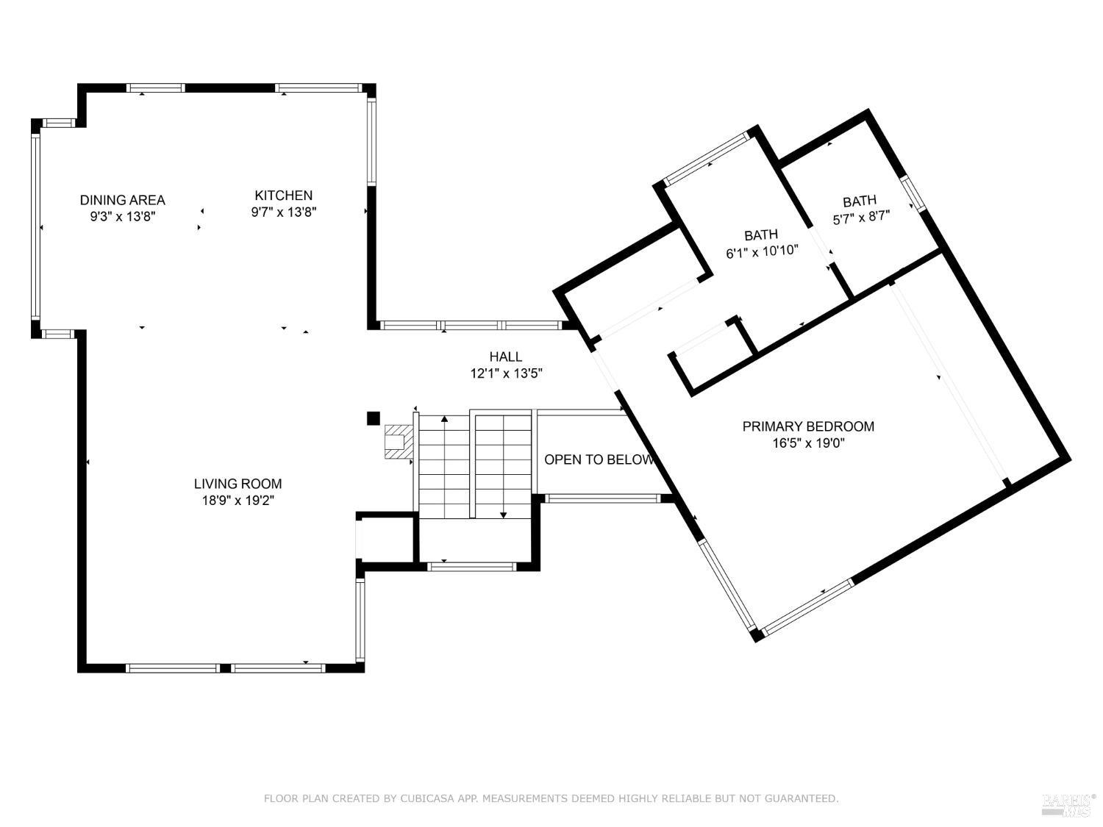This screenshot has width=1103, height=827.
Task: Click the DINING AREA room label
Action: [122, 200]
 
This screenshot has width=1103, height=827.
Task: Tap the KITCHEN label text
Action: [283, 196]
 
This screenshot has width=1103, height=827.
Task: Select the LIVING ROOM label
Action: [238, 484]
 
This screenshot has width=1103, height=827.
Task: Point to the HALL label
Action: [505, 357]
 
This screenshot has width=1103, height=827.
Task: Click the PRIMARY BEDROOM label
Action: [808, 426]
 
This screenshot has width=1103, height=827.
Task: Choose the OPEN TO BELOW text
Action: [599, 459]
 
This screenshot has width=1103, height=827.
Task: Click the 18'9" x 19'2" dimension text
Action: [238, 501]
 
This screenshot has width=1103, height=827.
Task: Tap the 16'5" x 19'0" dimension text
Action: [808, 443]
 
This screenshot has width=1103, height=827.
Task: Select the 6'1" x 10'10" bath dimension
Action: [762, 251]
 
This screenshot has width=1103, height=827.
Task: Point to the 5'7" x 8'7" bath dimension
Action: [861, 218]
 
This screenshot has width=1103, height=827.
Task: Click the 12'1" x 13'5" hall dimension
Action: [506, 373]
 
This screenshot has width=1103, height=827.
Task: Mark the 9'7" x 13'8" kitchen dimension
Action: [283, 212]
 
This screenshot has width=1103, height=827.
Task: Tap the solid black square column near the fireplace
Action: [373, 418]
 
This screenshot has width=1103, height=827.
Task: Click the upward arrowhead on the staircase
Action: [444, 419]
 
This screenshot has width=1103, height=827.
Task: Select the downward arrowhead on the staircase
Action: [503, 515]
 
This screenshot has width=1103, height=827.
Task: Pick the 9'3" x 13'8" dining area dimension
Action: [122, 217]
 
